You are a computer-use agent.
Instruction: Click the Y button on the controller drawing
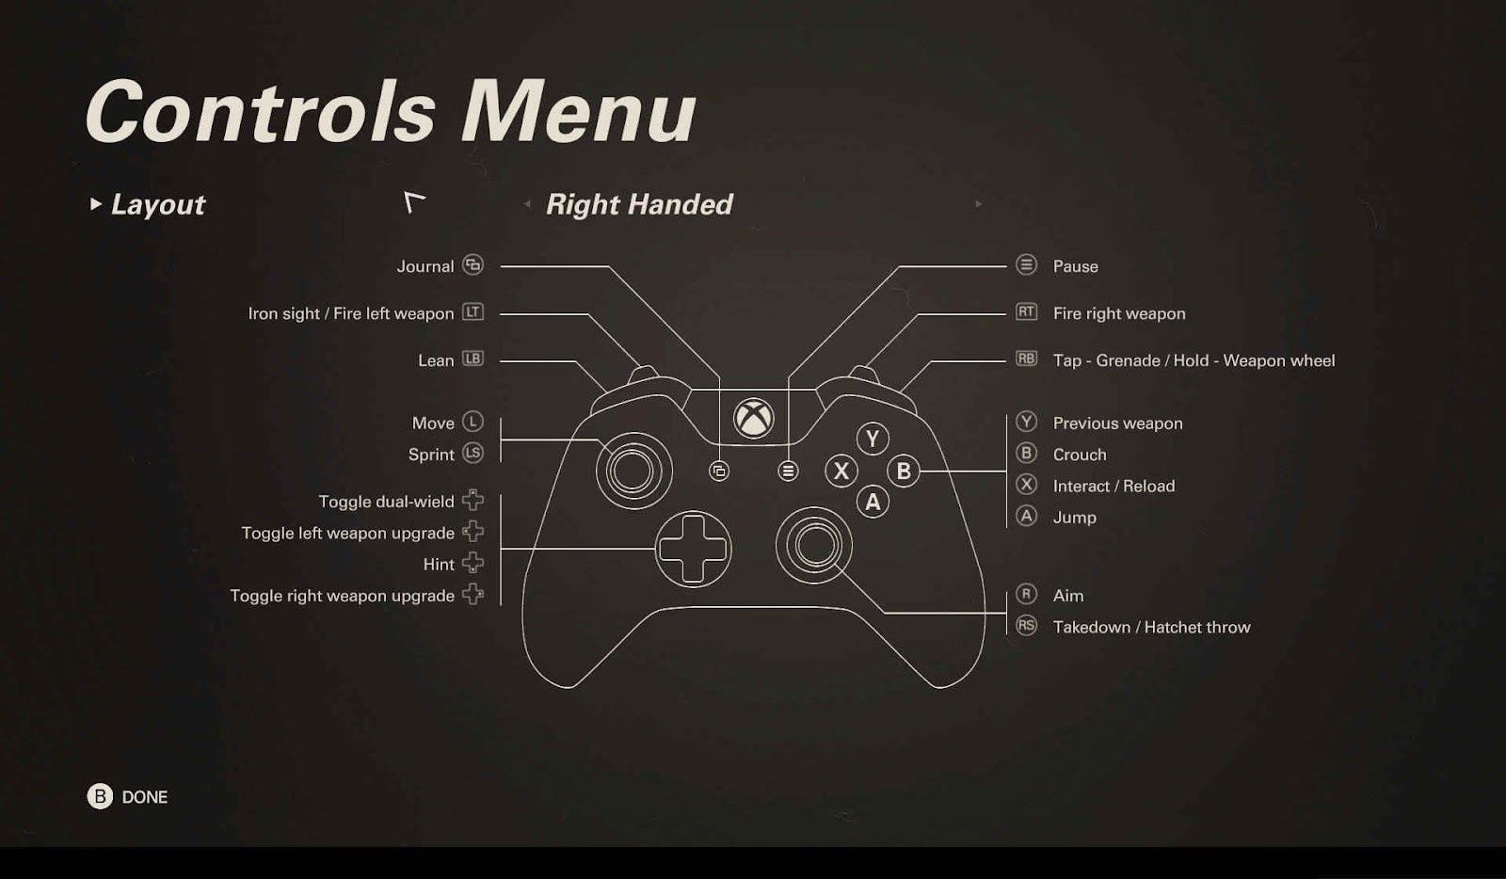pos(873,439)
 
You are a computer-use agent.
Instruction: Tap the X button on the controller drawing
pos(841,471)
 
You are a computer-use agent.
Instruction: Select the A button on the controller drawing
pos(873,503)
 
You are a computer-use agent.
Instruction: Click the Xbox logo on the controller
pos(754,418)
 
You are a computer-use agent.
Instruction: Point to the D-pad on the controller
pos(693,549)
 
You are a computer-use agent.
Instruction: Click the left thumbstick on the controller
pos(633,471)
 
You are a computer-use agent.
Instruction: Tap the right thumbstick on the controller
pos(814,544)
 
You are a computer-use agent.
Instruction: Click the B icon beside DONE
pos(100,796)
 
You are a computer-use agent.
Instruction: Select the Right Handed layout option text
pos(639,204)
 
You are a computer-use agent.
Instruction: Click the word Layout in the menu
pos(158,204)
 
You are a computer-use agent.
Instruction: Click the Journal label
pos(425,266)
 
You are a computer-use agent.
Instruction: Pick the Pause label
pos(1075,266)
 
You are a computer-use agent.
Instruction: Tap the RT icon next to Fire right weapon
pos(1026,312)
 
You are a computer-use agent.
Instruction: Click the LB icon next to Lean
pos(473,359)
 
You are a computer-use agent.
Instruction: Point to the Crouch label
pos(1080,455)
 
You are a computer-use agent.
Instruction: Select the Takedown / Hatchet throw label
pos(1151,627)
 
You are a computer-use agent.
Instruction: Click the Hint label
pos(439,565)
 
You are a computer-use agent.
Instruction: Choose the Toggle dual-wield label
pos(386,502)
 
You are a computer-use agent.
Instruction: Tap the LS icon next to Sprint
pos(473,453)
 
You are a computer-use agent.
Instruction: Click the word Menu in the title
pos(578,112)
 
